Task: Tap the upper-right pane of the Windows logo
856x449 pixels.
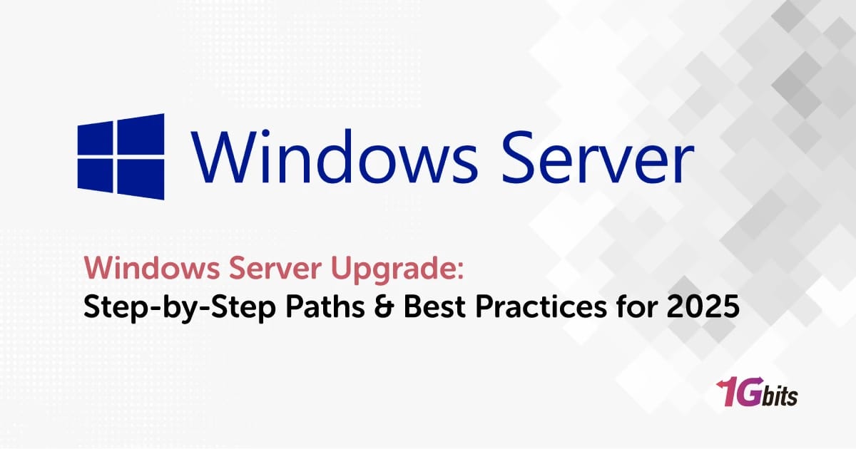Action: tap(141, 135)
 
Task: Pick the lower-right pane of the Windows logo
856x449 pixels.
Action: tap(141, 180)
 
